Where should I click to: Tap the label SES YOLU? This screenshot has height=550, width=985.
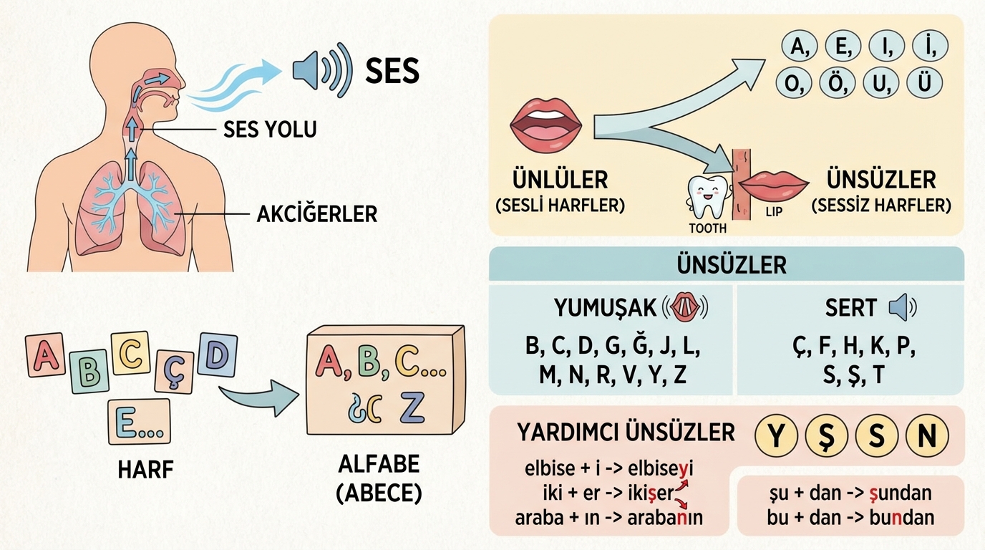tap(270, 130)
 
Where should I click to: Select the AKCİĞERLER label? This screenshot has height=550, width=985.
tap(317, 213)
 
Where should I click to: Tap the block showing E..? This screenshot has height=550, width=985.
tap(139, 421)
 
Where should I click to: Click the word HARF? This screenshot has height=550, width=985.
tap(145, 470)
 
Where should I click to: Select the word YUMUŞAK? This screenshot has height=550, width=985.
tap(605, 308)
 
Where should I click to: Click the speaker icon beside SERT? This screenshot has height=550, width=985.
tap(901, 308)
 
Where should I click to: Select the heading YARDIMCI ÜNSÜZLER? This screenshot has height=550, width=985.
tap(625, 433)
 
